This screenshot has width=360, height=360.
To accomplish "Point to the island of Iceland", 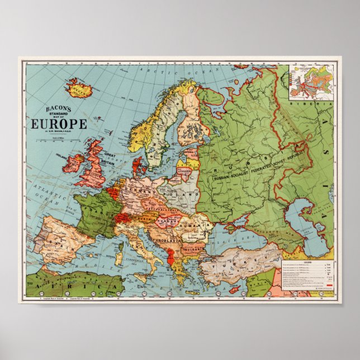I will coord(78,88).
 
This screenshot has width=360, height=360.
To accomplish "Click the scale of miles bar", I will coord(56,143).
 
